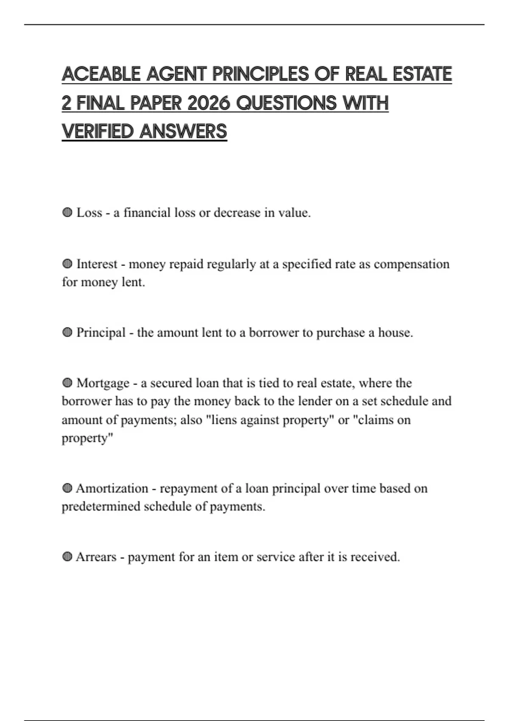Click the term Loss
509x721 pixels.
click(x=89, y=212)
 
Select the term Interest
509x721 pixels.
click(x=97, y=264)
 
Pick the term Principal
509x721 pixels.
click(x=101, y=333)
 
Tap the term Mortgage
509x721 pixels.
click(x=103, y=383)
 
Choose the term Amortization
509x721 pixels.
click(x=112, y=489)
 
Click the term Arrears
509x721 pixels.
click(x=96, y=557)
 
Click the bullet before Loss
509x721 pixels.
click(x=67, y=212)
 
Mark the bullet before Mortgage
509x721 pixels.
click(x=67, y=383)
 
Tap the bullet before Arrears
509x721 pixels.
click(x=67, y=557)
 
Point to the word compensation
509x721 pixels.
click(x=411, y=264)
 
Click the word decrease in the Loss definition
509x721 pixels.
click(x=237, y=212)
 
